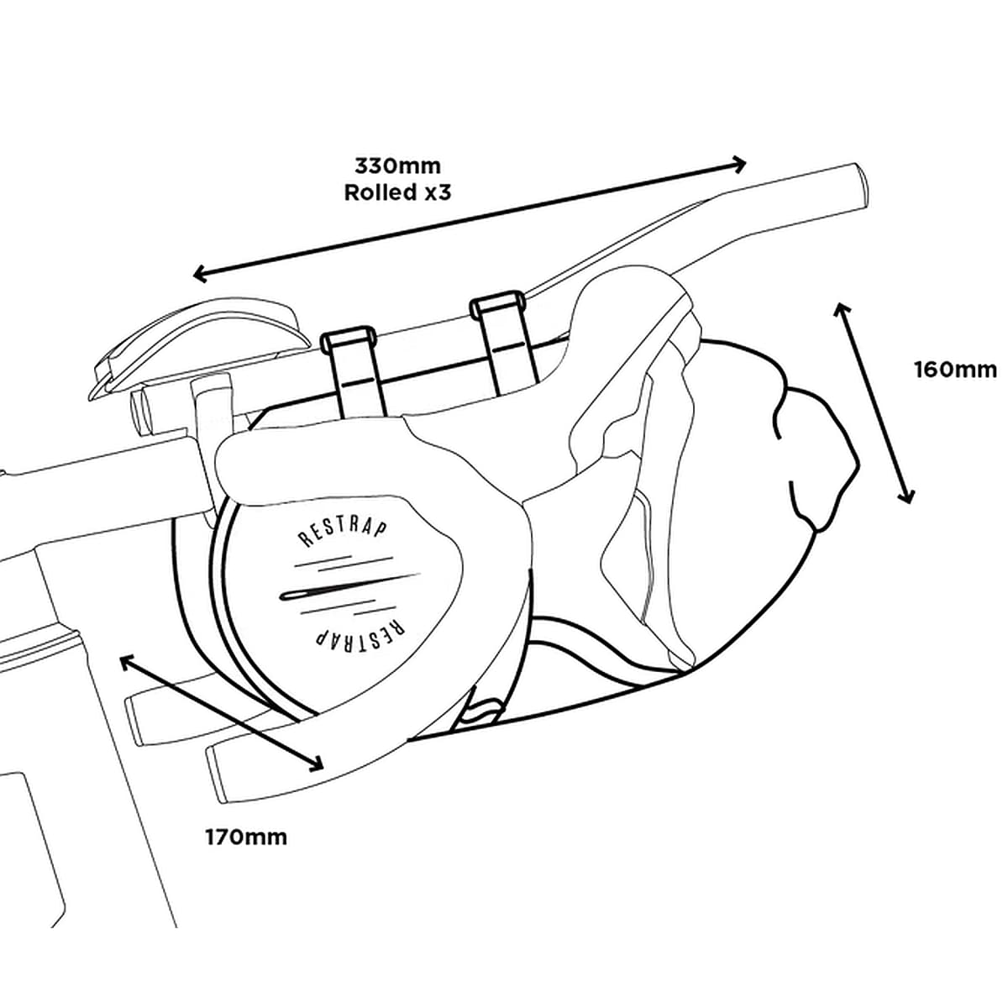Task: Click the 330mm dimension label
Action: pyautogui.click(x=397, y=165)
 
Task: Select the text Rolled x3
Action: pyautogui.click(x=397, y=192)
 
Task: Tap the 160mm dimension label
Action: pyautogui.click(x=955, y=369)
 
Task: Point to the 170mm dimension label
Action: pyautogui.click(x=246, y=837)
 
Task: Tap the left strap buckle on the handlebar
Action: pyautogui.click(x=346, y=339)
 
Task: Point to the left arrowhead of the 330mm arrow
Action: pyautogui.click(x=200, y=273)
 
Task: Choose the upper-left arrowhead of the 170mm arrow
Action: pyautogui.click(x=126, y=661)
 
